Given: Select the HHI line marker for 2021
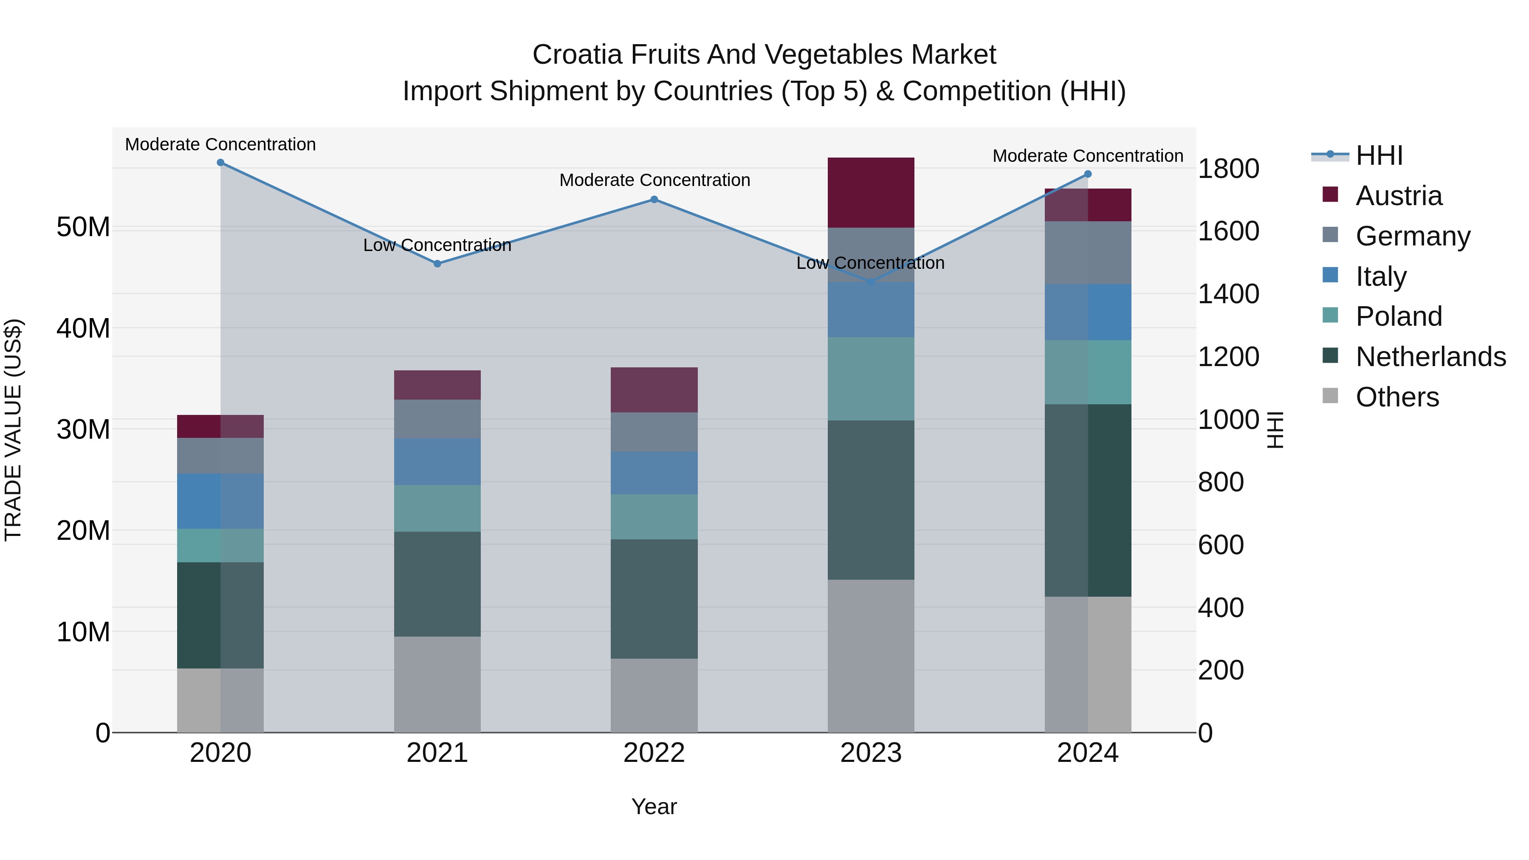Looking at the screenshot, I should [437, 263].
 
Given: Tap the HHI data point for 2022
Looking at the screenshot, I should [654, 200].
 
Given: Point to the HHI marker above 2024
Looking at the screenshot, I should [1088, 174].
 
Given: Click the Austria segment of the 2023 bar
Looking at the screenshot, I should [871, 192].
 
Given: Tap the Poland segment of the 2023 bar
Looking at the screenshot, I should [871, 379].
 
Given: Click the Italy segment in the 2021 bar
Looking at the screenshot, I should [437, 462].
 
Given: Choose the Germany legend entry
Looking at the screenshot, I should [1413, 236].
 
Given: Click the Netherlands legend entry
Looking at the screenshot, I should [1430, 357].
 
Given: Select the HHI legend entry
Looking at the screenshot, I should [1379, 155].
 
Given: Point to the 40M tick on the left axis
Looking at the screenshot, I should [83, 328].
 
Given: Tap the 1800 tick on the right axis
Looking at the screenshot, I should [1228, 169].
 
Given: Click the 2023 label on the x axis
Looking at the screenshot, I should [871, 753].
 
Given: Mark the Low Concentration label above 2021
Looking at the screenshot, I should [437, 245].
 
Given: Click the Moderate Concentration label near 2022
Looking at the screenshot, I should [654, 180].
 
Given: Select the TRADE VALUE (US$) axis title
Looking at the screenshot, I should [13, 430].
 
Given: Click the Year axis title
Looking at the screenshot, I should [654, 806].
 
